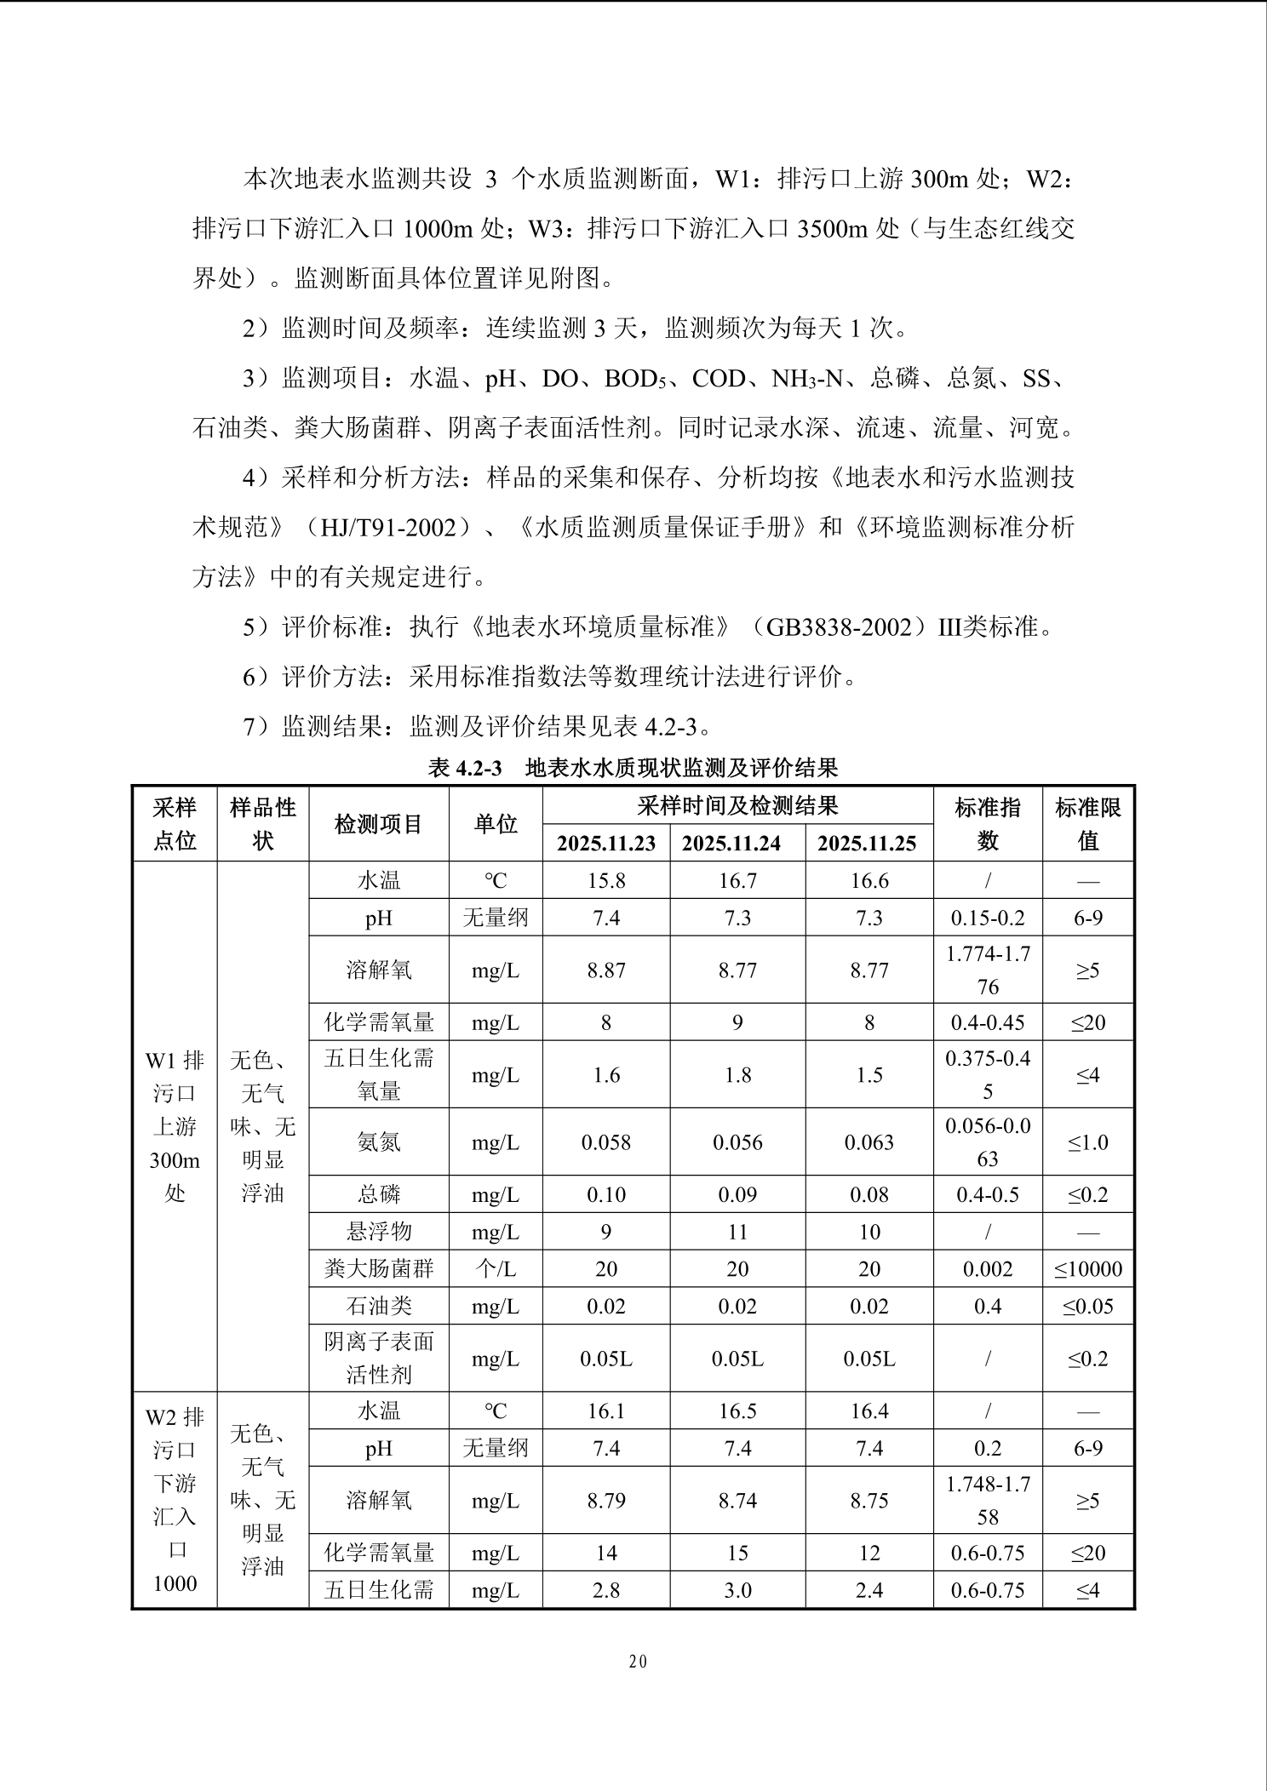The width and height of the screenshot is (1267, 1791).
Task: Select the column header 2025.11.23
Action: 606,843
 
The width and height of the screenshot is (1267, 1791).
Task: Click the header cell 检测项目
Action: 378,824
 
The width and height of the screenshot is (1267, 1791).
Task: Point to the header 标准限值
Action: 1087,824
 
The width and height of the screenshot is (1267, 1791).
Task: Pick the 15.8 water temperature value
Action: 606,881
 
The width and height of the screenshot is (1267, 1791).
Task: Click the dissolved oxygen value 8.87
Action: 606,970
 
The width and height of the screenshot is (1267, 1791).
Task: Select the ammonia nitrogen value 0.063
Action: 869,1142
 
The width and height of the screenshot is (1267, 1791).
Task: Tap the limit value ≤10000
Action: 1087,1269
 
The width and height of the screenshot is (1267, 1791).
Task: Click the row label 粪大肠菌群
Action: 378,1269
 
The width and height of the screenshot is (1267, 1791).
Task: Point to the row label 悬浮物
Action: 378,1232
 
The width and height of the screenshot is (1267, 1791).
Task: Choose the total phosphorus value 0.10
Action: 606,1195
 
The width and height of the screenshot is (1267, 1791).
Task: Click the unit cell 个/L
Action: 495,1269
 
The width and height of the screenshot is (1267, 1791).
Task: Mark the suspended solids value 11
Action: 737,1232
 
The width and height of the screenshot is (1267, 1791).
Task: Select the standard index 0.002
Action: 987,1269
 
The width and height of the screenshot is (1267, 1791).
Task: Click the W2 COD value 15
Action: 737,1554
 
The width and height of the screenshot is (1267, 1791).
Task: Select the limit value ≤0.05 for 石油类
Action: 1087,1307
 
